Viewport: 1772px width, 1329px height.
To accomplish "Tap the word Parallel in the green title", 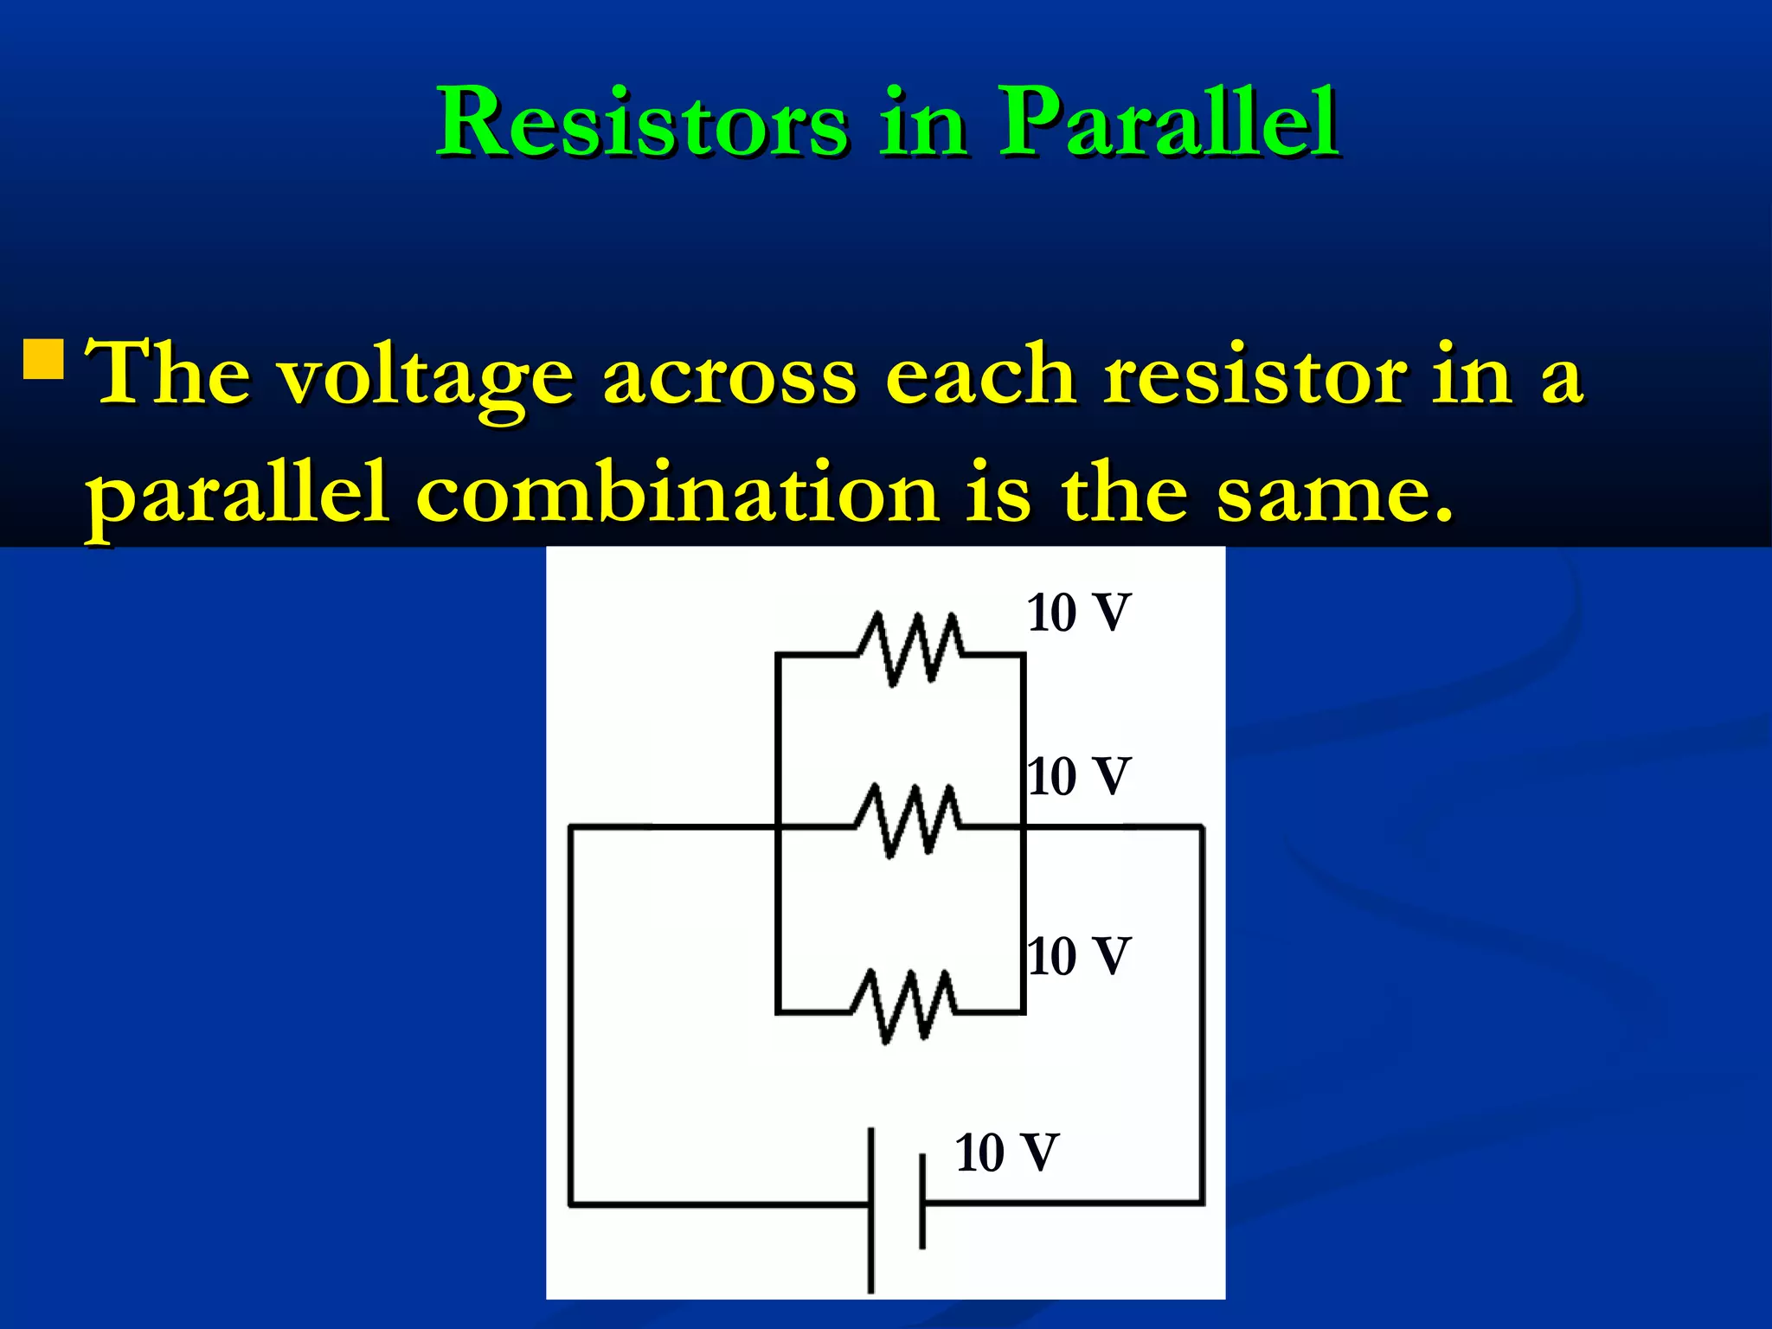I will tap(1168, 123).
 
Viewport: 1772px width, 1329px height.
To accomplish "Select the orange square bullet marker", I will tap(43, 359).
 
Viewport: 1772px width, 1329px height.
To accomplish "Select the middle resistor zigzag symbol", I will tap(907, 820).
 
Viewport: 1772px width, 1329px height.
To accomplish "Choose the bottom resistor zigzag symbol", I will tap(904, 1005).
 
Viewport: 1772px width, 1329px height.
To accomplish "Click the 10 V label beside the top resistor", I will tap(1079, 613).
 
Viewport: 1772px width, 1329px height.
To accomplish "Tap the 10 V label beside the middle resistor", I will tap(1079, 776).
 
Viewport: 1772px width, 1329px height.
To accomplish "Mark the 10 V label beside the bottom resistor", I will tap(1079, 956).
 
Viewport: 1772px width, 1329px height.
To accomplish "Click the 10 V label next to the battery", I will tap(1006, 1152).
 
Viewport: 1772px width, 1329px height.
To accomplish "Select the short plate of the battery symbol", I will tap(922, 1201).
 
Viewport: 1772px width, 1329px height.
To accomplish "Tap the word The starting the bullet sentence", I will tap(169, 374).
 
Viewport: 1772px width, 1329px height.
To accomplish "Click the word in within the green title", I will tap(922, 125).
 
